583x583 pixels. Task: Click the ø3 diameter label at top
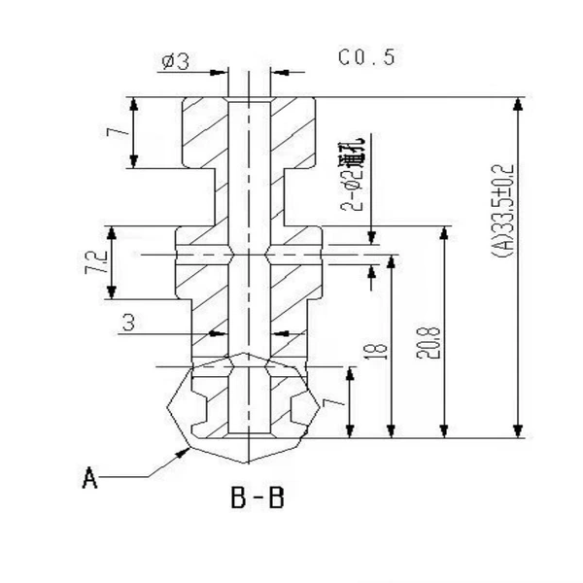(x=176, y=61)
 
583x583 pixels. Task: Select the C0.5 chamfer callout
(x=366, y=57)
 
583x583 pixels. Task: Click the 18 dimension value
(x=376, y=352)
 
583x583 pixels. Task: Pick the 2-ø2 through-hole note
(x=353, y=174)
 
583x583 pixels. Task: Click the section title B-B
(x=257, y=497)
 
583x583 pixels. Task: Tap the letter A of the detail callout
(x=89, y=478)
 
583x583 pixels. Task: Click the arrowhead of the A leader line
(x=183, y=453)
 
